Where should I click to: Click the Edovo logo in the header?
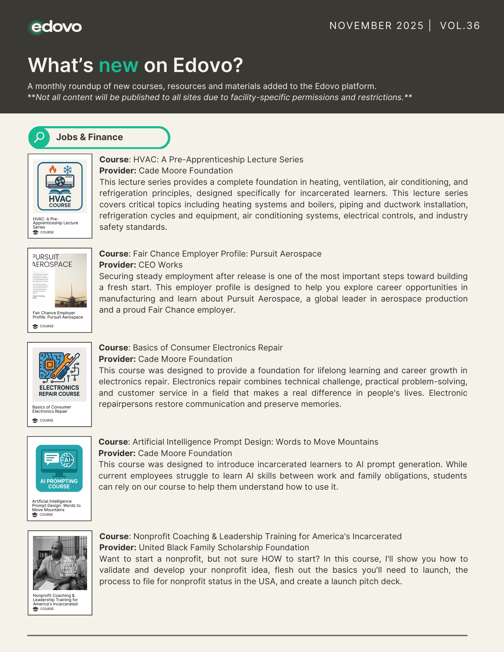click(55, 27)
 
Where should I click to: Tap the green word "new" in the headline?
click(118, 65)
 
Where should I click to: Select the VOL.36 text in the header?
click(460, 26)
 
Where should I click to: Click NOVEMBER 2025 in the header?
click(376, 26)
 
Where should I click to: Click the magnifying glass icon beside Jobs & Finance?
click(39, 137)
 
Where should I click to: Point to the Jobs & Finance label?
click(89, 137)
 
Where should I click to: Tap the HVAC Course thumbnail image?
click(60, 186)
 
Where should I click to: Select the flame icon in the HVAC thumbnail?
click(53, 169)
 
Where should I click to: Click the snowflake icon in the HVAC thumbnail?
click(68, 170)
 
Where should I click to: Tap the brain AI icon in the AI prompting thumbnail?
click(68, 460)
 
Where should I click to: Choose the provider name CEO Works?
click(160, 265)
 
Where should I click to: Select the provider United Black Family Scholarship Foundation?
click(224, 548)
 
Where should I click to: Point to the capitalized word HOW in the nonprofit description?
click(271, 559)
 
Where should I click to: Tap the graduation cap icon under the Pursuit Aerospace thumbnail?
click(35, 326)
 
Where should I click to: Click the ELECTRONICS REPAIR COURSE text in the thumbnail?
click(59, 391)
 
